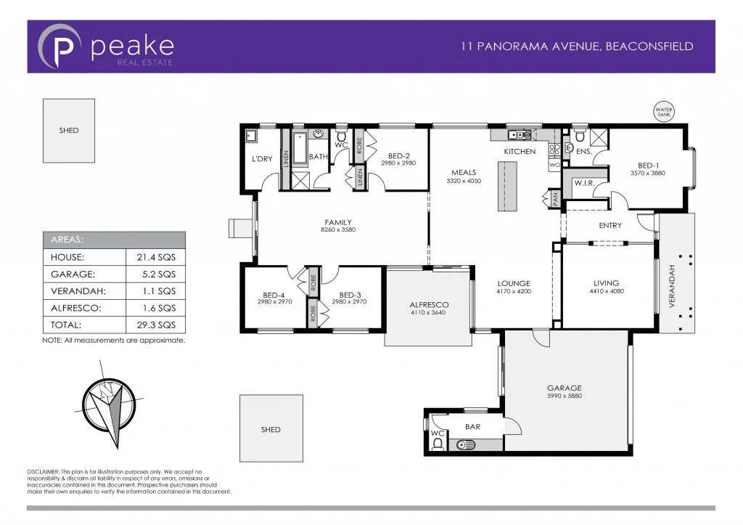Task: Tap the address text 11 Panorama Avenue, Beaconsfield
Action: click(x=577, y=46)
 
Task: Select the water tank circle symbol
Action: click(x=664, y=113)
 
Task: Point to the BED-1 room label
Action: click(x=648, y=165)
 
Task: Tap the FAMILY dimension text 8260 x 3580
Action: click(x=338, y=230)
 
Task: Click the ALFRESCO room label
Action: click(x=429, y=305)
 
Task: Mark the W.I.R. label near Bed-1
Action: click(x=584, y=184)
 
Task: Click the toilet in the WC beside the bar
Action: click(x=437, y=444)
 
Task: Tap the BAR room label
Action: click(x=472, y=427)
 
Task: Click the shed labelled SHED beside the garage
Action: click(x=271, y=429)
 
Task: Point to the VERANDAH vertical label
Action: click(x=671, y=287)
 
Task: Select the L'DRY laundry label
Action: click(x=261, y=159)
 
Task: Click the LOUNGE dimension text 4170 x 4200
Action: click(x=514, y=291)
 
